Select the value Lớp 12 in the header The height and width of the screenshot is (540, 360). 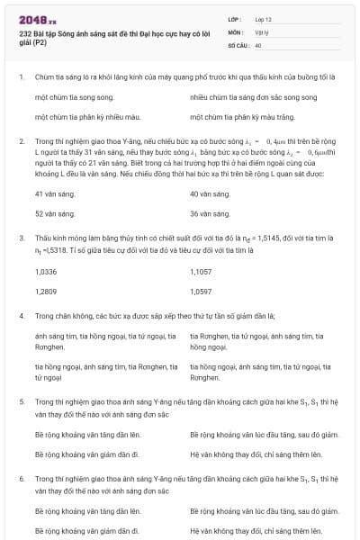(x=263, y=18)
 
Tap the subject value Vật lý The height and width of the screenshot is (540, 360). (x=261, y=31)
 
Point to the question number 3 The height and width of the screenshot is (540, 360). (x=21, y=238)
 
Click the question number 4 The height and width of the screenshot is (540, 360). (x=21, y=316)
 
